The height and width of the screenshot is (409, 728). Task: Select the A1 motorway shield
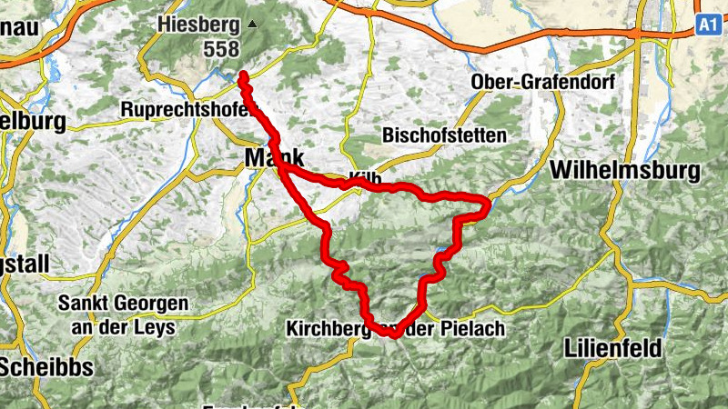pos(709,25)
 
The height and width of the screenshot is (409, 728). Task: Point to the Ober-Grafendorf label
pos(543,82)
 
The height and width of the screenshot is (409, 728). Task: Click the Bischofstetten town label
pos(445,135)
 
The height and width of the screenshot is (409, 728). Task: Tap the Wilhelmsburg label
pos(625,170)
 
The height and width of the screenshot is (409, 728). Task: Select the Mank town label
pos(273,158)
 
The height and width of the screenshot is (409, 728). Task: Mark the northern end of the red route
pos(243,75)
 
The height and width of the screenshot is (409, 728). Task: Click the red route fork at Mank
pos(283,168)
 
